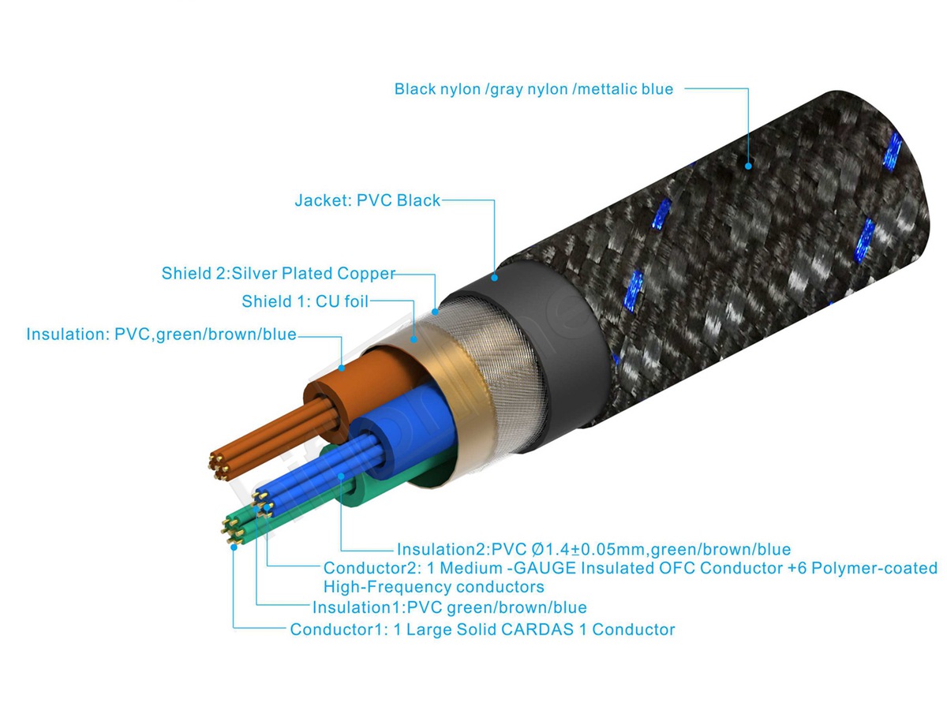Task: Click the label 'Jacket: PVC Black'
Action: (x=367, y=200)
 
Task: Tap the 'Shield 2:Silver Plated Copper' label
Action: (x=278, y=274)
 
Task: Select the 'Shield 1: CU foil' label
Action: (x=305, y=301)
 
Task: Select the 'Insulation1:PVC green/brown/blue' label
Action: (x=449, y=607)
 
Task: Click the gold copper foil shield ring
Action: (x=442, y=387)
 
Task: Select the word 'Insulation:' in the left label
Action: (x=69, y=334)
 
